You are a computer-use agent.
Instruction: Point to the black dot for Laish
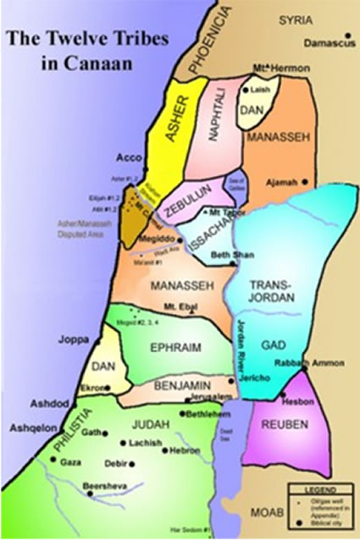[x=246, y=88]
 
